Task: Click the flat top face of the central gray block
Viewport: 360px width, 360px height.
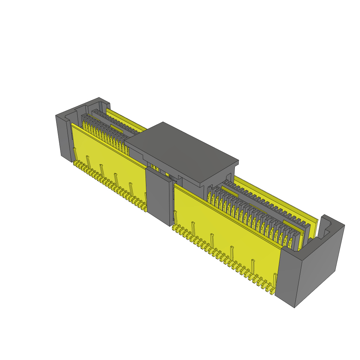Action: tap(181, 151)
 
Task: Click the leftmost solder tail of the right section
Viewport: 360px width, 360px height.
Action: tap(174, 229)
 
